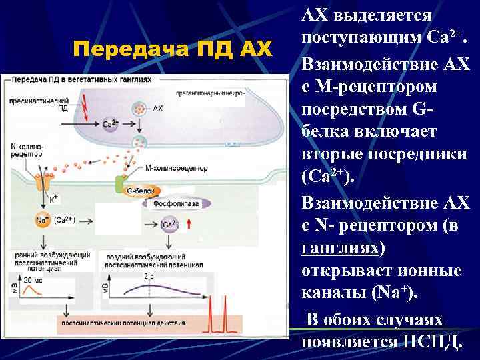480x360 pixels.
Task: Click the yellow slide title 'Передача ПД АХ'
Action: coord(173,49)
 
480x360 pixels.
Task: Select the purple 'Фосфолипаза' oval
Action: coord(177,204)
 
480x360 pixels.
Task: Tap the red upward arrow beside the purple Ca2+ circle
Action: coord(190,225)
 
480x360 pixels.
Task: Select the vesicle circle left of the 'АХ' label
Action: coord(141,107)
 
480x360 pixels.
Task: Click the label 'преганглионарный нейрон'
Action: coord(206,94)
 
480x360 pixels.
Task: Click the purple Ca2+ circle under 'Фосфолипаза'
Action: coord(170,225)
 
